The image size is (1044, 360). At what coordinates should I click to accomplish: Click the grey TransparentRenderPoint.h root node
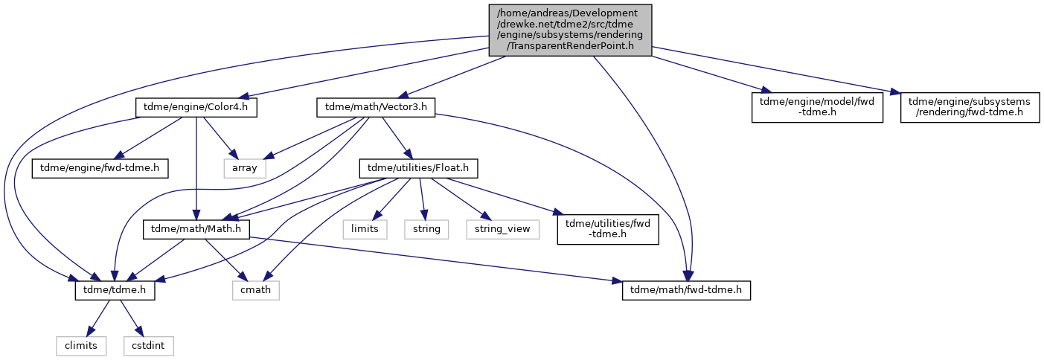point(570,30)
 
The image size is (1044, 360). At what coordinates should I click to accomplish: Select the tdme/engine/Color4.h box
point(196,108)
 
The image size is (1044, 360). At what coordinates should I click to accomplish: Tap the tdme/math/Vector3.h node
point(376,108)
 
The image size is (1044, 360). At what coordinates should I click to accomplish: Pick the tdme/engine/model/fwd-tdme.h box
point(817,107)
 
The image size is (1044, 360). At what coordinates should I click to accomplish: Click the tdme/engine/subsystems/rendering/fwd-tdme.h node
point(970,107)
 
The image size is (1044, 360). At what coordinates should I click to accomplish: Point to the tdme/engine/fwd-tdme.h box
point(100,168)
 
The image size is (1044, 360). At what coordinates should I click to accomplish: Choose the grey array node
point(245,168)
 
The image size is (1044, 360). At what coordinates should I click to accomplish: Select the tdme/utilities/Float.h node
point(418,168)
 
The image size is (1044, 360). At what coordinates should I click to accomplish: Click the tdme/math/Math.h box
point(196,230)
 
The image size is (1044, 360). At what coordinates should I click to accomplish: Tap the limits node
point(365,230)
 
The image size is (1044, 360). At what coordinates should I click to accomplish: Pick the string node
point(426,230)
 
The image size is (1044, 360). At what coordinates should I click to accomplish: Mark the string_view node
point(502,230)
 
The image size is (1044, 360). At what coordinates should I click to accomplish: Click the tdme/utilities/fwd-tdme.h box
point(608,229)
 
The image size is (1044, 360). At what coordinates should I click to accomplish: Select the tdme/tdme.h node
point(115,291)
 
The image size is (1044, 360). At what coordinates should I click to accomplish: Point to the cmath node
point(256,291)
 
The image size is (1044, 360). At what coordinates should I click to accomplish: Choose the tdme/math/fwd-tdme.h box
point(686,291)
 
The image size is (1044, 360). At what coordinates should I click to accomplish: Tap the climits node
point(81,346)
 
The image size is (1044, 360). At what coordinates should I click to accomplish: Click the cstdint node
point(149,346)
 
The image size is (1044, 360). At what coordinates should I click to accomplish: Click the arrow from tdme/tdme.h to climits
point(98,318)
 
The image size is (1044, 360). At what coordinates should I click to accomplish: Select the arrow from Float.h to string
point(422,199)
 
